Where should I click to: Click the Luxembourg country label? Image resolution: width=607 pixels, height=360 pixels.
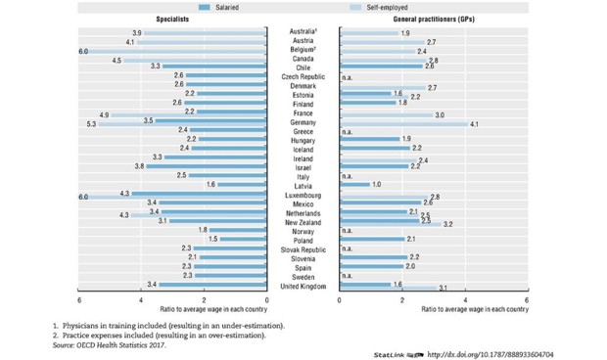(303, 196)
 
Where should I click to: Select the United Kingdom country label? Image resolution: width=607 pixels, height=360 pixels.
(303, 285)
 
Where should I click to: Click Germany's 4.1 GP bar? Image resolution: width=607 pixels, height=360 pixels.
(402, 124)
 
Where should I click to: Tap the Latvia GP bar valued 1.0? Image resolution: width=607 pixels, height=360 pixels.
(354, 184)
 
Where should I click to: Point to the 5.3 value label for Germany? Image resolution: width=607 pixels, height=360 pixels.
(91, 124)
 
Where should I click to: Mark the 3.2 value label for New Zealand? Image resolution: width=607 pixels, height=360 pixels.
(447, 224)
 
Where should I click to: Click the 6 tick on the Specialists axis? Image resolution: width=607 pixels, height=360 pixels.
(79, 299)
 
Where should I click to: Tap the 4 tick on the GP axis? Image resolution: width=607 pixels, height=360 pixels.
(464, 299)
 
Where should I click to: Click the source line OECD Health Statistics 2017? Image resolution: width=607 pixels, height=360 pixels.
(110, 344)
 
